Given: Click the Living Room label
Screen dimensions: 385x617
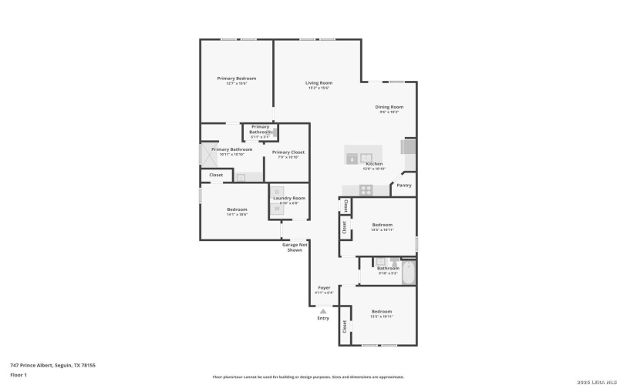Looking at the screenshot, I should pyautogui.click(x=319, y=82).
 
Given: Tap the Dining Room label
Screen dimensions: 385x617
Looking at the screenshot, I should pyautogui.click(x=389, y=107).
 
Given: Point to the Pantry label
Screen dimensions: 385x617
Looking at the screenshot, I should pyautogui.click(x=403, y=185).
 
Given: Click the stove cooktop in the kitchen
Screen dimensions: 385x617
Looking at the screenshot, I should pyautogui.click(x=366, y=189).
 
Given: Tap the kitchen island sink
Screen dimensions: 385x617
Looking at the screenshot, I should pyautogui.click(x=358, y=159).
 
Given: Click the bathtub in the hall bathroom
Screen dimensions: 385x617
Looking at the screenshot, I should pyautogui.click(x=408, y=272).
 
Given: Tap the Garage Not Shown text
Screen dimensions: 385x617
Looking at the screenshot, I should pyautogui.click(x=294, y=247).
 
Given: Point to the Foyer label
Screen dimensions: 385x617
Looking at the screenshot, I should pyautogui.click(x=325, y=287).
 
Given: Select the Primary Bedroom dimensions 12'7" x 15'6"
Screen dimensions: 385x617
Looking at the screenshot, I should pyautogui.click(x=236, y=83).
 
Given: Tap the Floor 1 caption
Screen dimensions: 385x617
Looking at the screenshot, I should pyautogui.click(x=19, y=375).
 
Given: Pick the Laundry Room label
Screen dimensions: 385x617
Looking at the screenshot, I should pyautogui.click(x=289, y=198).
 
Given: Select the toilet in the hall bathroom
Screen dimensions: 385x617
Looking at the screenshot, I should pyautogui.click(x=393, y=262).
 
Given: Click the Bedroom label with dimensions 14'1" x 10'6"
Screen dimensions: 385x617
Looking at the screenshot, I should pyautogui.click(x=237, y=209).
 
